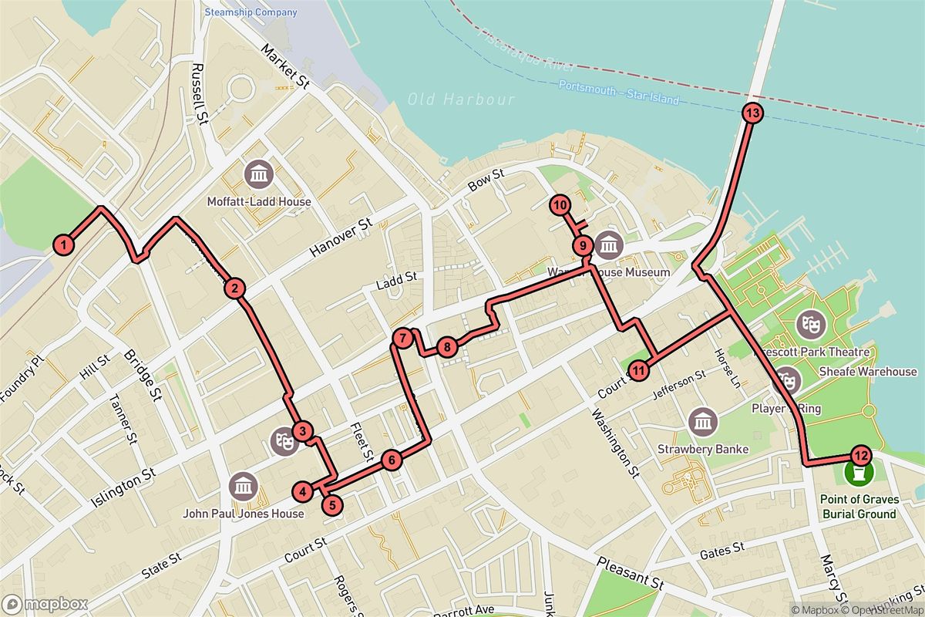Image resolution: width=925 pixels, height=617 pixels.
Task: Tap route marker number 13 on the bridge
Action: coord(753,113)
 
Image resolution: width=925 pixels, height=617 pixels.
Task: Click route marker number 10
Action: coord(560,205)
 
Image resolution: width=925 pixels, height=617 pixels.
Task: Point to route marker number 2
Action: coord(234,289)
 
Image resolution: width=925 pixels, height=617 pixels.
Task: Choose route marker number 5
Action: coord(331,506)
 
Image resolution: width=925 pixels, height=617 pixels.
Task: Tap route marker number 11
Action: coord(638,371)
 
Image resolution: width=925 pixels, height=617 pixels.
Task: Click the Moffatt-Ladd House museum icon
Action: coord(258,175)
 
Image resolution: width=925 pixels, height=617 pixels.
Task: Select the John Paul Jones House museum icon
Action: coord(244,486)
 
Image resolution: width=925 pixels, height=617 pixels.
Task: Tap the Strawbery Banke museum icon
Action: coord(702,421)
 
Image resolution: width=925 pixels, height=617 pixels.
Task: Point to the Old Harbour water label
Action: coord(461,99)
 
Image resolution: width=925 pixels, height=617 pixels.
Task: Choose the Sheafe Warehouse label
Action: coord(867,372)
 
